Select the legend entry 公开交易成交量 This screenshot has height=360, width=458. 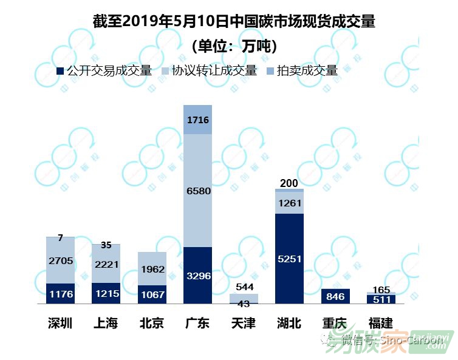tap(109, 71)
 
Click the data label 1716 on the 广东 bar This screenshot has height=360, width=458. tap(198, 121)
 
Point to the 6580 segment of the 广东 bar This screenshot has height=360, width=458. tap(198, 191)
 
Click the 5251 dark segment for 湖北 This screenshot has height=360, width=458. tap(289, 259)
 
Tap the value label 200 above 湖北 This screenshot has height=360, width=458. tap(289, 183)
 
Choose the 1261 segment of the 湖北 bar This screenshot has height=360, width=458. tap(289, 203)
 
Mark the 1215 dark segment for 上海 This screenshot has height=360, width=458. tap(106, 294)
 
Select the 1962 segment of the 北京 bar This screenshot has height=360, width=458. tap(152, 269)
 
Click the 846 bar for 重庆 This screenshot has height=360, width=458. tap(335, 297)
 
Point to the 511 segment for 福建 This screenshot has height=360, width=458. tap(381, 299)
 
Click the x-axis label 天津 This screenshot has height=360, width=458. tap(244, 322)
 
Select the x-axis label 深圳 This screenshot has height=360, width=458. tap(61, 322)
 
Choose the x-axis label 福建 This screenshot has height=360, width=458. tap(381, 322)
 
